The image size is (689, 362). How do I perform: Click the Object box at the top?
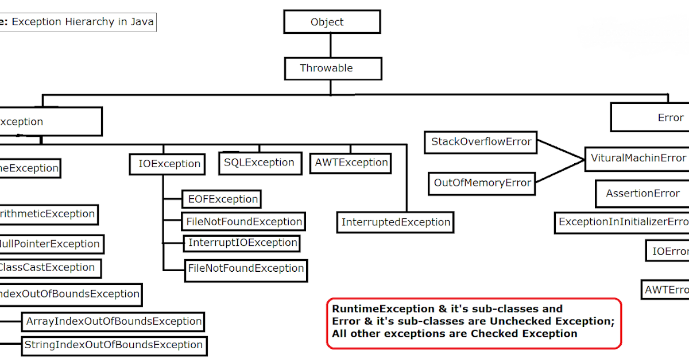pos(331,22)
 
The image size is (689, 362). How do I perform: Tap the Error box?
pos(655,118)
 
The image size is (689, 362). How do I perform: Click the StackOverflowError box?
pos(481,142)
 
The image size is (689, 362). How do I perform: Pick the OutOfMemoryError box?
pos(482,183)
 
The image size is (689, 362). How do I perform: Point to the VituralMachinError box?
pos(637,158)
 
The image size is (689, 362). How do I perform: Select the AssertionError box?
pos(642,194)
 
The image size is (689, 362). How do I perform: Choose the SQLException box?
pos(259,163)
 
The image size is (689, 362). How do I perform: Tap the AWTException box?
pos(351,163)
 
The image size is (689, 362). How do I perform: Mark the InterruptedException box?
pos(396,222)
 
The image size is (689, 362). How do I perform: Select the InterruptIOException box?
pos(242,243)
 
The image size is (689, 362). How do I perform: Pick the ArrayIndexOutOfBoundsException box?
pos(113,322)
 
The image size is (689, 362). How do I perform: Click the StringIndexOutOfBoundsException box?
pos(113,345)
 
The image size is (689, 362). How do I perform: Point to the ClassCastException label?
pos(47,268)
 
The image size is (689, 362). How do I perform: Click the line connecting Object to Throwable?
pos(330,45)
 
